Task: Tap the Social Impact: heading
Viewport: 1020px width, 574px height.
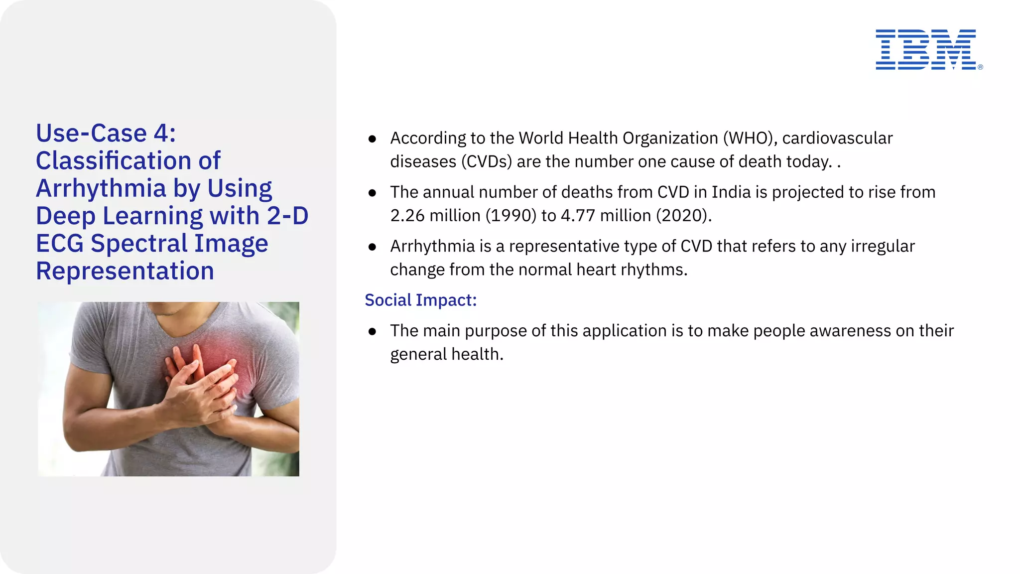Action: coord(420,300)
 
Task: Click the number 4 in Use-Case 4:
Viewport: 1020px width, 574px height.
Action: coord(161,134)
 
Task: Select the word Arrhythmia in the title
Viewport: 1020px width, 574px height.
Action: coord(101,188)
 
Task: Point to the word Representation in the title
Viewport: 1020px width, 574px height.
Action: coord(125,271)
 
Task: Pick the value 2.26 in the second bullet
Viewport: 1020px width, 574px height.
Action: coord(407,215)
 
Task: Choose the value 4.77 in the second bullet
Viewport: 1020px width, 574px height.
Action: coord(578,215)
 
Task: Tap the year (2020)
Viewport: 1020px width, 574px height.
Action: coord(684,215)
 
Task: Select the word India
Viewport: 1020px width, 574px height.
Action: coord(731,192)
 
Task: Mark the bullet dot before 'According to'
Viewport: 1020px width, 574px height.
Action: coord(372,139)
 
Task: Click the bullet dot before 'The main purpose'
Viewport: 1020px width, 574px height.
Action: coord(372,332)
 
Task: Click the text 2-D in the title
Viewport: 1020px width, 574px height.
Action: coord(287,216)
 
